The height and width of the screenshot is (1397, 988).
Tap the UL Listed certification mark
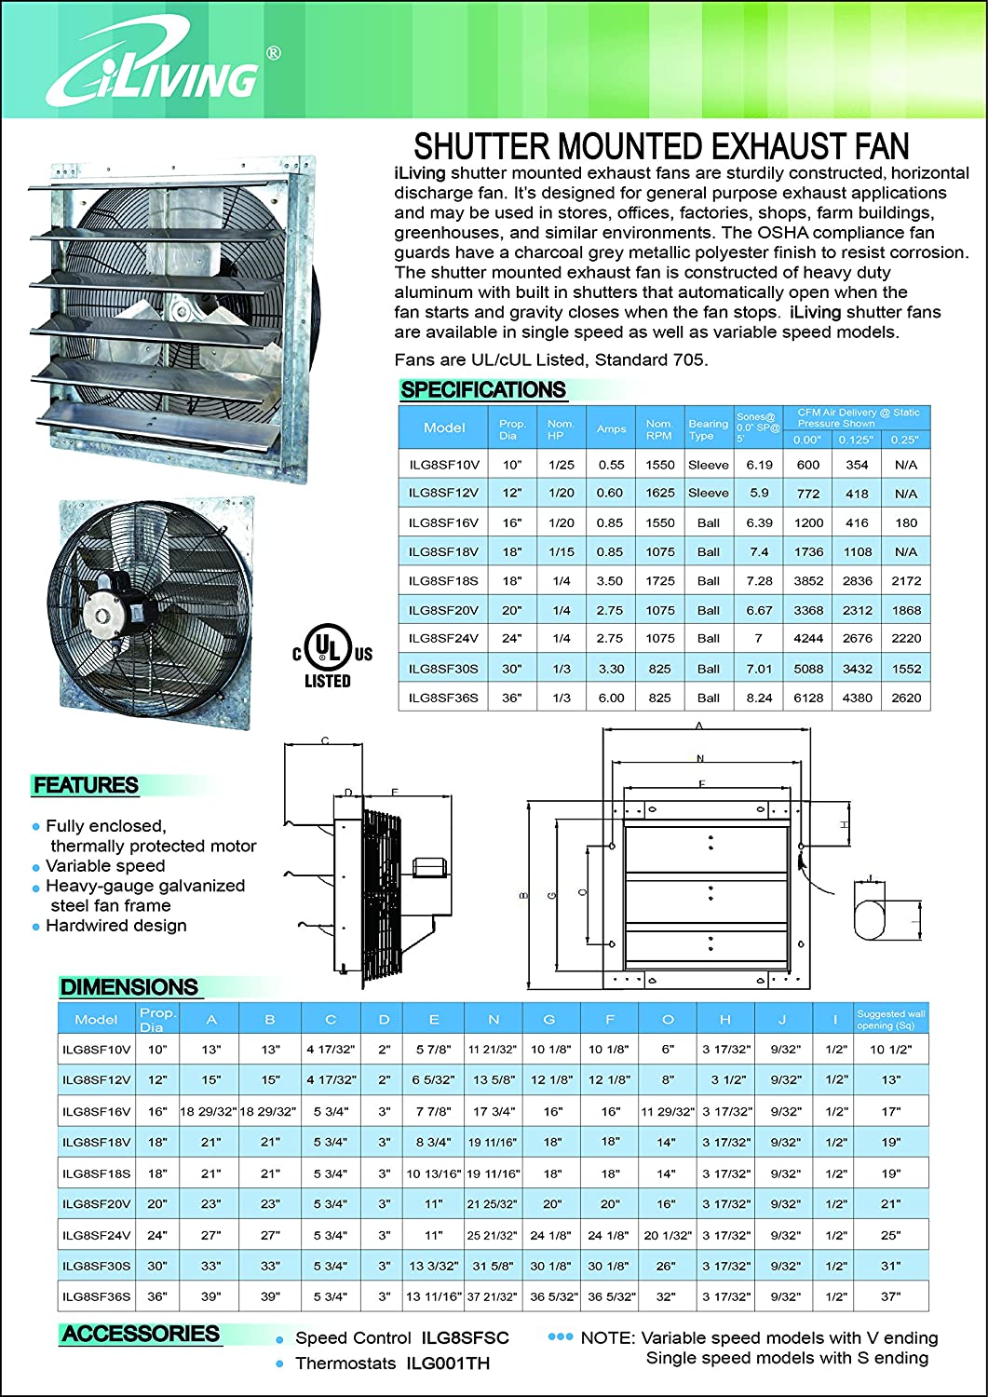(332, 656)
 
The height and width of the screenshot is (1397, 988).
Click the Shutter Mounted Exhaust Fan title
(661, 146)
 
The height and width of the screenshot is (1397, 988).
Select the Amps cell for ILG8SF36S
(611, 698)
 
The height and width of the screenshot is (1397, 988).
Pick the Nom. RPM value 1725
(659, 580)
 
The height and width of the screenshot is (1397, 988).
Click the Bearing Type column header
(708, 428)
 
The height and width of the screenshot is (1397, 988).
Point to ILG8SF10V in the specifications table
(443, 465)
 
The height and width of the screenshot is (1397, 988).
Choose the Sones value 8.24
(759, 698)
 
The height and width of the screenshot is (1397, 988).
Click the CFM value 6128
(808, 698)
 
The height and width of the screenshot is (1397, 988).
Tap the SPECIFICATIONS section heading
(482, 390)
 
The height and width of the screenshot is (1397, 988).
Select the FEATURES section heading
(86, 785)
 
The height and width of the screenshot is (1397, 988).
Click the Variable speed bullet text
(105, 866)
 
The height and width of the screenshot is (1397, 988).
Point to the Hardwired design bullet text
(116, 926)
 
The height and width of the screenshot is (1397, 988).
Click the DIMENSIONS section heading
(129, 987)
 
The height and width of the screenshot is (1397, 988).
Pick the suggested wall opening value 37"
(890, 1296)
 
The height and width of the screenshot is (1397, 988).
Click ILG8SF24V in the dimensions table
(96, 1235)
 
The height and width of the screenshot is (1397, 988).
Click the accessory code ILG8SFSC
(465, 1338)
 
